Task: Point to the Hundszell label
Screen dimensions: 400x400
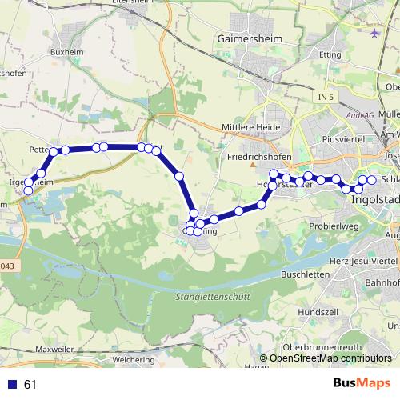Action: [318, 310]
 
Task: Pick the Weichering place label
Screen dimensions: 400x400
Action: [134, 359]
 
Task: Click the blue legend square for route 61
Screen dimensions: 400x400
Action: [12, 384]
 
